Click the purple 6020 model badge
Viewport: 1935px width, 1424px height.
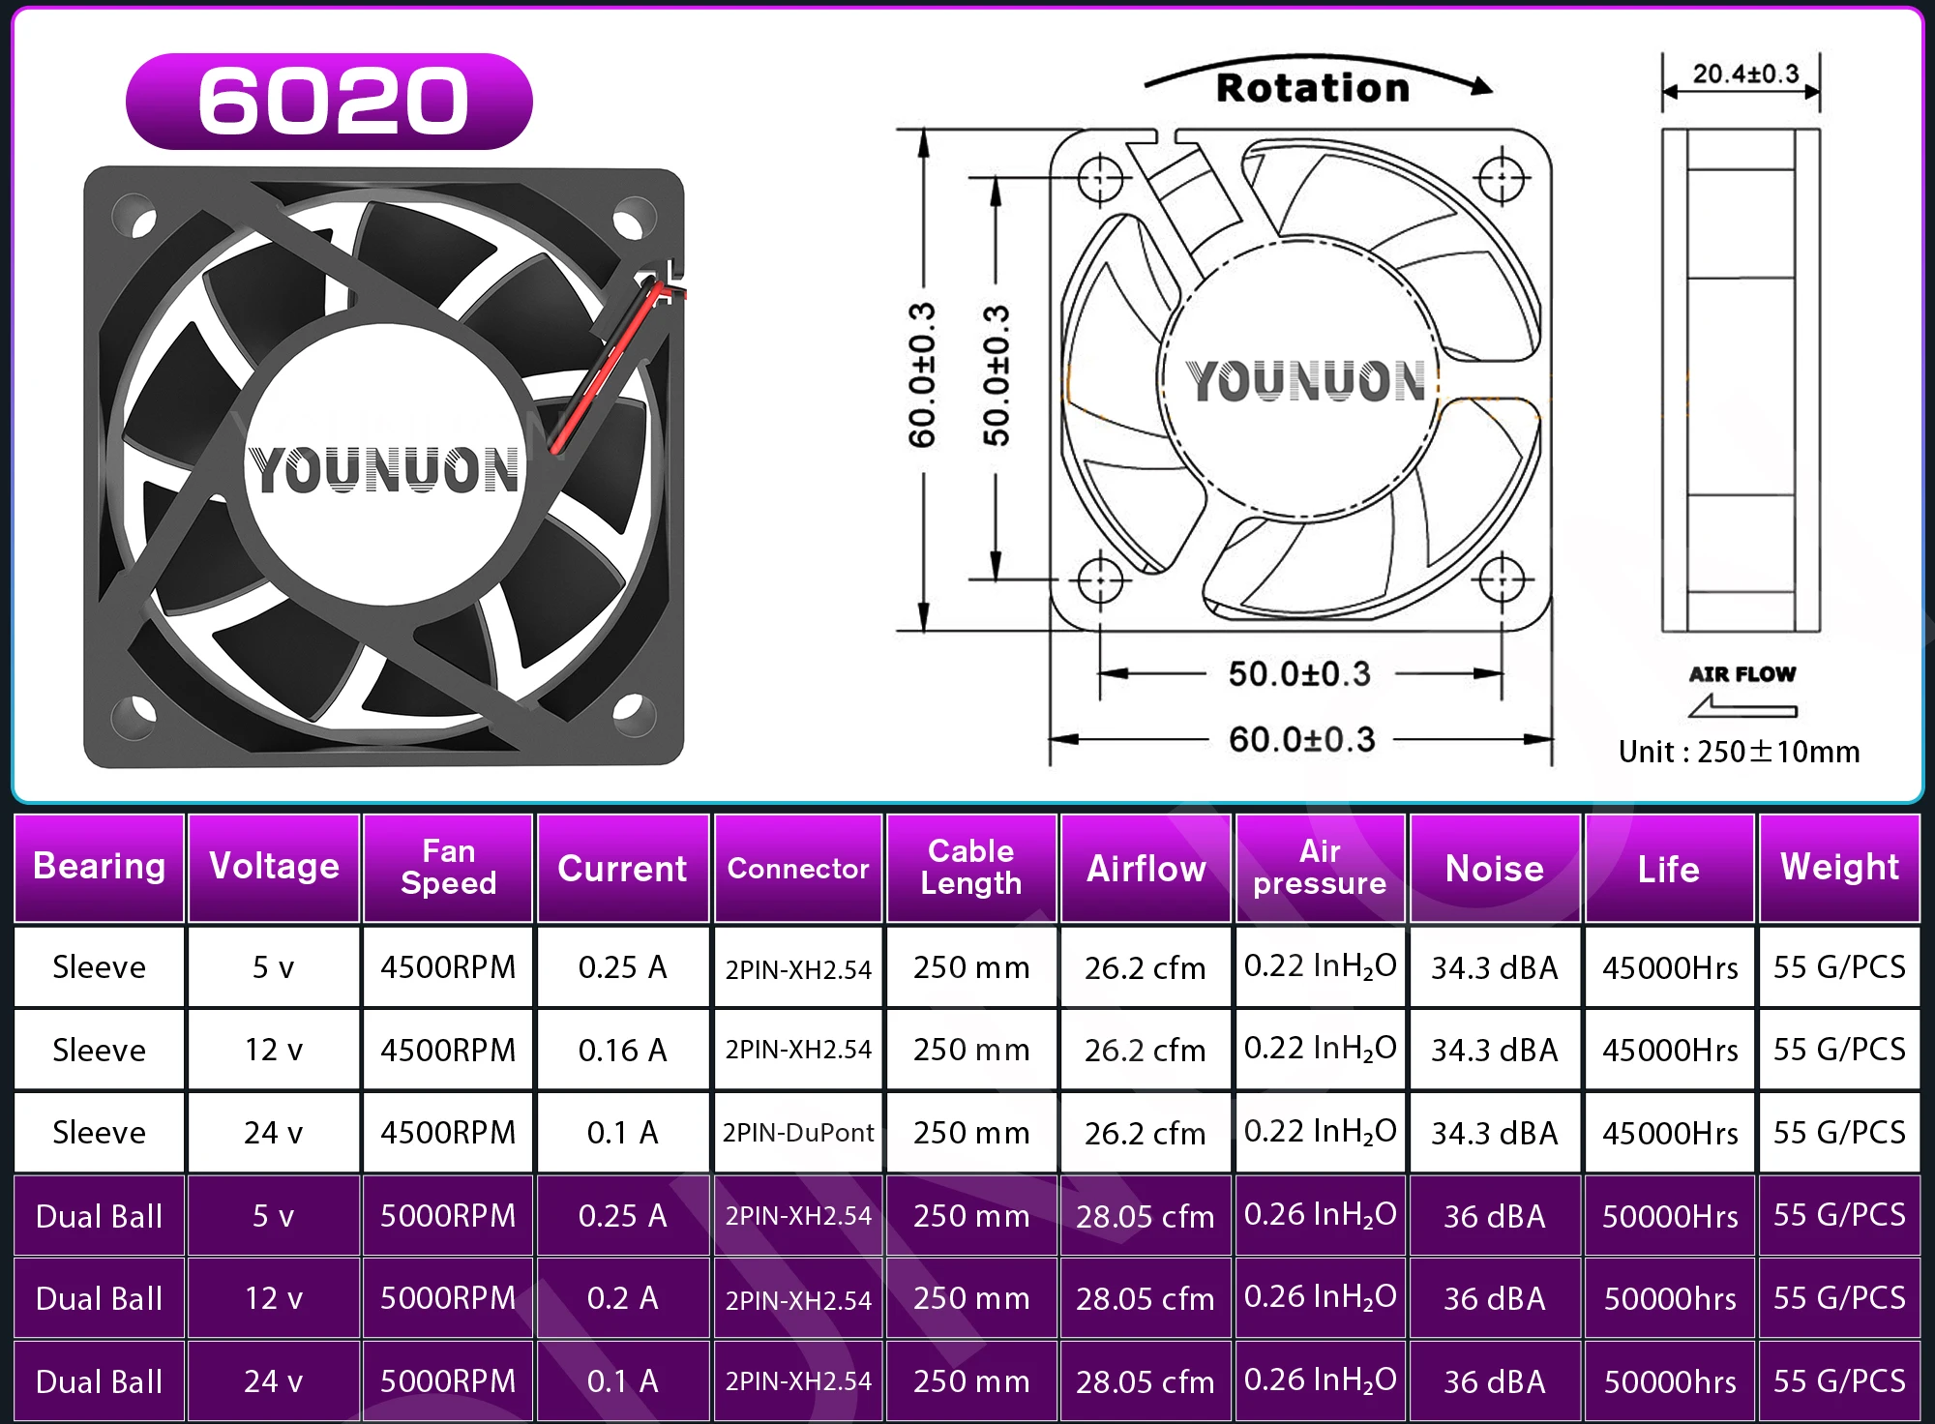329,101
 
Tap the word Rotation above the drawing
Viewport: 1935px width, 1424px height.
1313,88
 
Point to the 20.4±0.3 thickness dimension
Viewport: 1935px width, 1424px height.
1745,74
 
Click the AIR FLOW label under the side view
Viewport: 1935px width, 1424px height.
1742,674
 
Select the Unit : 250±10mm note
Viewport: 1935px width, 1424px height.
1739,752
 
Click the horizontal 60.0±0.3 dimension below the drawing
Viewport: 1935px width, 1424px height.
1301,740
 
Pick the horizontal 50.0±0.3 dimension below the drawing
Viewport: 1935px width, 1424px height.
1299,674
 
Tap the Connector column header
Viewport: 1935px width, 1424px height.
798,869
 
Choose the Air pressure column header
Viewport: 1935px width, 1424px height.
1320,867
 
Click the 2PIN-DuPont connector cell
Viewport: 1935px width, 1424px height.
798,1133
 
